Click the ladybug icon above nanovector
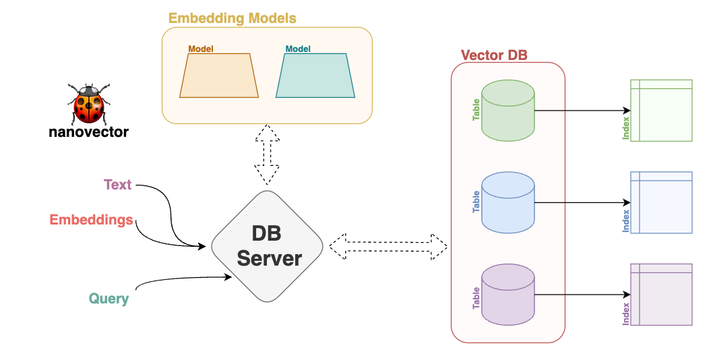88,103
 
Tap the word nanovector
88,132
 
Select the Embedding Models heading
232,18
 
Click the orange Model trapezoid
219,76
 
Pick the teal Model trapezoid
315,76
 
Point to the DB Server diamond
268,245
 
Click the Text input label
117,185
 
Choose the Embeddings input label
91,220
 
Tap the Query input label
108,298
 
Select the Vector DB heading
494,55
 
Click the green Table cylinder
508,111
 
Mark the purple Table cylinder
508,295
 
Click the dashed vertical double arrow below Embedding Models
268,154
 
